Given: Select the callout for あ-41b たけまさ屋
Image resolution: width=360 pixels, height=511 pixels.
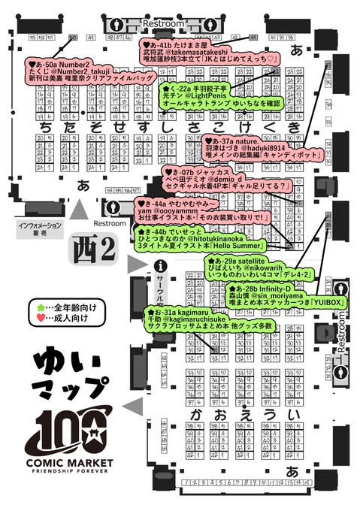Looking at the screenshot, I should click(x=210, y=52).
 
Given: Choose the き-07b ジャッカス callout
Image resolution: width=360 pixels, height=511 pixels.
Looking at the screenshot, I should click(x=226, y=179).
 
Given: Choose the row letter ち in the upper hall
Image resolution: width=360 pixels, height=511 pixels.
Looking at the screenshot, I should click(x=47, y=129).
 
